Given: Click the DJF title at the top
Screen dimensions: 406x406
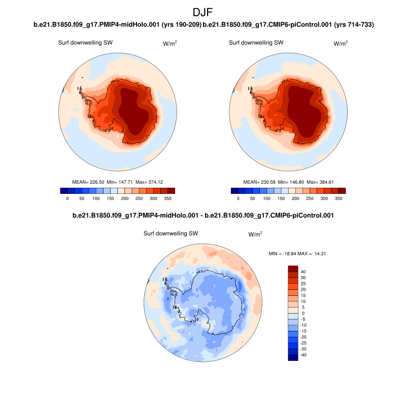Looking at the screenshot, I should pos(203,12).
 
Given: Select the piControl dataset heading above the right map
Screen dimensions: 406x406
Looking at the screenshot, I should pos(288,24).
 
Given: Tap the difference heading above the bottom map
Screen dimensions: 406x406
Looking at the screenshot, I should pos(203,216).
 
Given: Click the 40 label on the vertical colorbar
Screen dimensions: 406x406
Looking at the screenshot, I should pos(303,272).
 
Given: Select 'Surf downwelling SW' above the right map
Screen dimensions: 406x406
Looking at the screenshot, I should pos(256,43).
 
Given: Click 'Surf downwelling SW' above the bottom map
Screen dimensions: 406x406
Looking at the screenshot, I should pos(171,233).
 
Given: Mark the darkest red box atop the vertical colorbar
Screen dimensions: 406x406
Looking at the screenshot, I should pos(293,268).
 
